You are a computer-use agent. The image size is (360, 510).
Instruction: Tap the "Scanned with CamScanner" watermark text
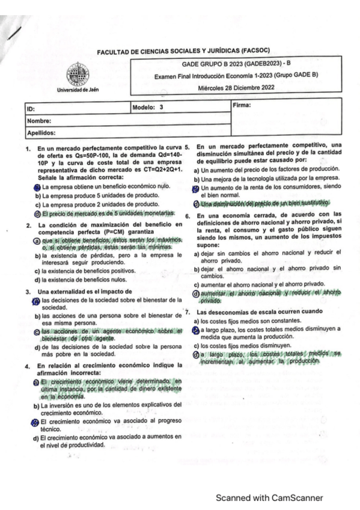(x=270, y=497)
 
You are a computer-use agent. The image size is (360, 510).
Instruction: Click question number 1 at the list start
(x=28, y=147)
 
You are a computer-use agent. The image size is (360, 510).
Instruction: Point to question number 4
(x=28, y=366)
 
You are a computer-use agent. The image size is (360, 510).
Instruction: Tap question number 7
(x=188, y=313)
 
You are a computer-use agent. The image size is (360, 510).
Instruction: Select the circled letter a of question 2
(x=37, y=241)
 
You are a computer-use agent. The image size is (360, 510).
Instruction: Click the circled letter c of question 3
(x=37, y=332)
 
